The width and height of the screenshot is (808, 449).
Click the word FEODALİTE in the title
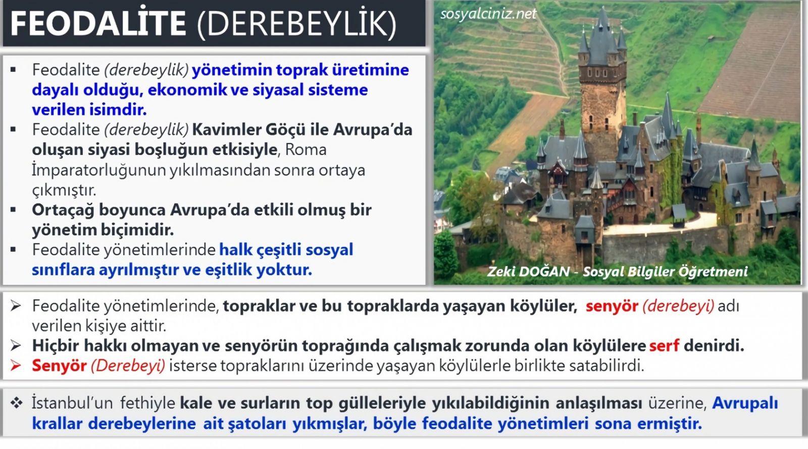click(x=98, y=23)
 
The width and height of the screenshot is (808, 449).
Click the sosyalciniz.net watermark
click(x=488, y=14)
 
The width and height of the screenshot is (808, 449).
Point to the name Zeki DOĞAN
click(x=528, y=271)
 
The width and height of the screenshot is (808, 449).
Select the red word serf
click(x=664, y=345)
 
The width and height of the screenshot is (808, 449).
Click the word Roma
click(x=306, y=149)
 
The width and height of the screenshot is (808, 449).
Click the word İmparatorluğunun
click(x=99, y=170)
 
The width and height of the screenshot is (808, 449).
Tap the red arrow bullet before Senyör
click(x=16, y=366)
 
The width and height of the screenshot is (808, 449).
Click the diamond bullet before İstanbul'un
click(x=16, y=403)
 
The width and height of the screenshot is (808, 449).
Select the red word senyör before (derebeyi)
click(x=612, y=306)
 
